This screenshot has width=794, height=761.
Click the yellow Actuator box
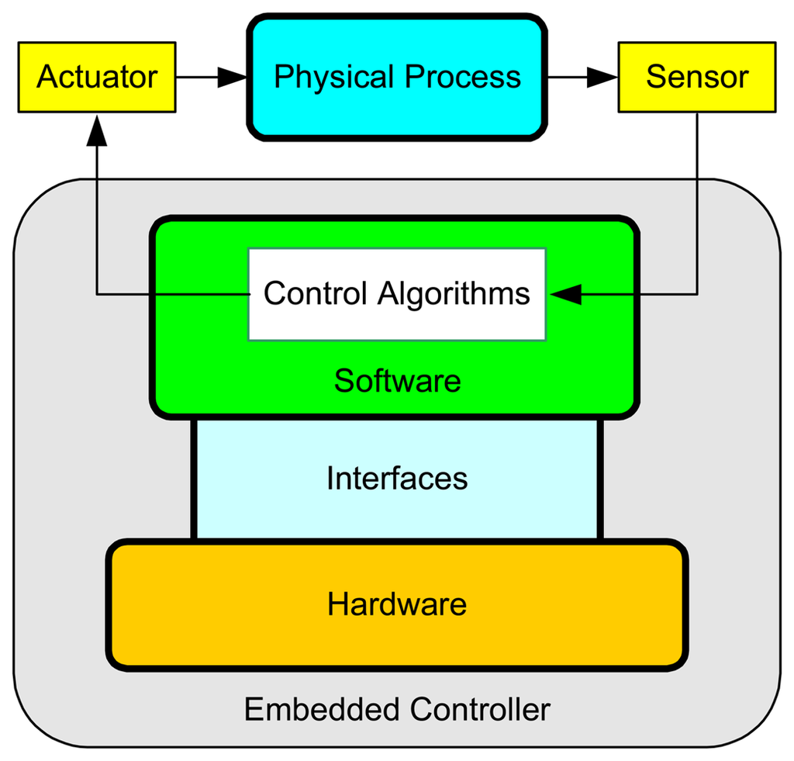[96, 78]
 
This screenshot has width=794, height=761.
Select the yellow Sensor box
[696, 78]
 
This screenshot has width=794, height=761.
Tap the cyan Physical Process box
[397, 78]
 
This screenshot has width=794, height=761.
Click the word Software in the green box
[397, 381]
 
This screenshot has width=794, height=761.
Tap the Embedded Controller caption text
[397, 709]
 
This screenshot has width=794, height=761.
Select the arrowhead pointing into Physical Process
[233, 77]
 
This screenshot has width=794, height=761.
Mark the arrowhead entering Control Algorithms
[564, 294]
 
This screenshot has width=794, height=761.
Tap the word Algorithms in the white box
[454, 294]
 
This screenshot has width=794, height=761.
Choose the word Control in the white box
[315, 294]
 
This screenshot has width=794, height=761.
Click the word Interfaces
[397, 479]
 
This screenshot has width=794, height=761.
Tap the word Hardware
[397, 604]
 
